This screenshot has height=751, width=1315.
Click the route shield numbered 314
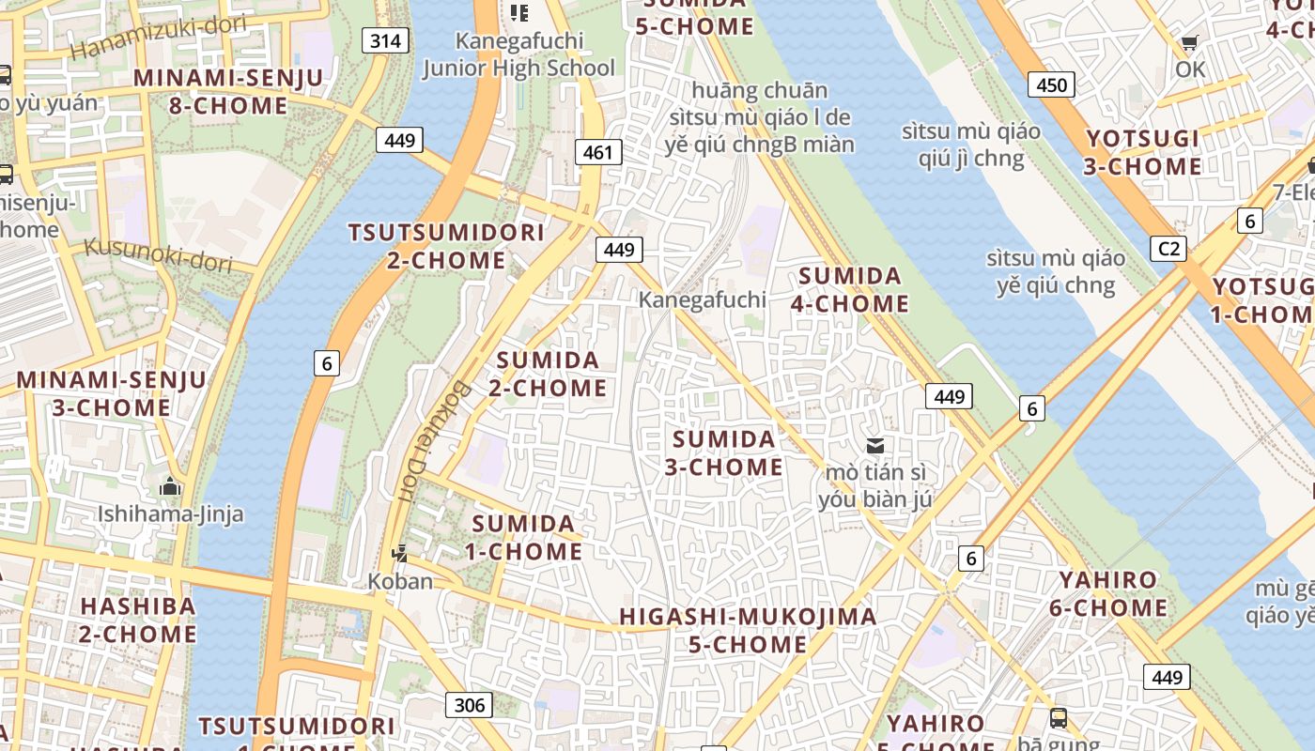pyautogui.click(x=385, y=39)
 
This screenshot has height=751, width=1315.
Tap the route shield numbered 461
pyautogui.click(x=597, y=152)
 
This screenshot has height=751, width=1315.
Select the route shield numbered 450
pyautogui.click(x=1051, y=85)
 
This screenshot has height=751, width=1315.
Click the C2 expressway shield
pyautogui.click(x=1168, y=249)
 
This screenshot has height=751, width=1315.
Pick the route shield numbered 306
pyautogui.click(x=469, y=705)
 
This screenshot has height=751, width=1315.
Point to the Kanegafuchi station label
pyautogui.click(x=702, y=300)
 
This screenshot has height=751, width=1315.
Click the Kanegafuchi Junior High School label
pyautogui.click(x=518, y=54)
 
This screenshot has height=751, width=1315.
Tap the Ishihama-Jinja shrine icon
pyautogui.click(x=170, y=486)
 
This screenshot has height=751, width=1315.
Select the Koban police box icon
pyautogui.click(x=400, y=554)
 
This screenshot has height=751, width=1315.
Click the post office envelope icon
pyautogui.click(x=875, y=446)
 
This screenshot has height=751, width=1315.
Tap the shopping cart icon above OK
pyautogui.click(x=1190, y=43)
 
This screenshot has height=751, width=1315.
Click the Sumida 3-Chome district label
pyautogui.click(x=723, y=452)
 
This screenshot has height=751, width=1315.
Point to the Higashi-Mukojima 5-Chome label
pyautogui.click(x=748, y=631)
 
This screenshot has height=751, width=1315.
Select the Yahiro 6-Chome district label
pyautogui.click(x=1108, y=593)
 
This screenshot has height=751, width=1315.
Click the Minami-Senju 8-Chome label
pyautogui.click(x=228, y=91)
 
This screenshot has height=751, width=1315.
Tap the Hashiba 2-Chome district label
pyautogui.click(x=137, y=620)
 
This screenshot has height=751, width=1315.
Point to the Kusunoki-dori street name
pyautogui.click(x=158, y=254)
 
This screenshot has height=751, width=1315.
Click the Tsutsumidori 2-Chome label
pyautogui.click(x=446, y=246)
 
